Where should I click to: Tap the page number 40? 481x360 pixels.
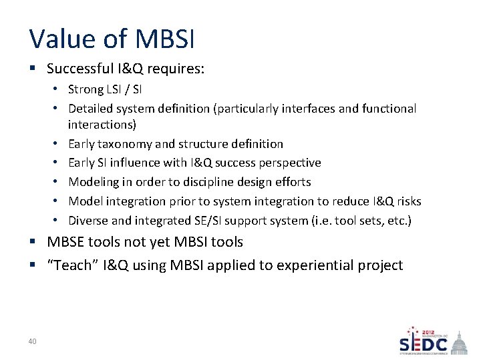tap(33, 341)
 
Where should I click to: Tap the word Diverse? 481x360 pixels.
tap(88, 221)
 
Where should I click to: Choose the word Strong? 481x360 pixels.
tap(86, 89)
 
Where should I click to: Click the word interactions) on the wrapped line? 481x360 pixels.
tap(102, 125)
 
